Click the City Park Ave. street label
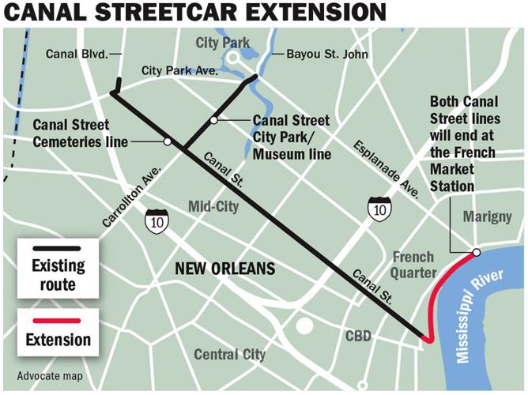click(180, 70)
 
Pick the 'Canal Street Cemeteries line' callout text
click(72, 134)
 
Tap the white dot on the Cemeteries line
click(167, 141)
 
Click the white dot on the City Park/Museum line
click(213, 120)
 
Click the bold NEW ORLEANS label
click(224, 269)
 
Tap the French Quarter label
click(413, 265)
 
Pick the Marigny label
click(487, 216)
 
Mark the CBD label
click(358, 336)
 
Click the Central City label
click(229, 354)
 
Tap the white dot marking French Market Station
click(477, 252)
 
